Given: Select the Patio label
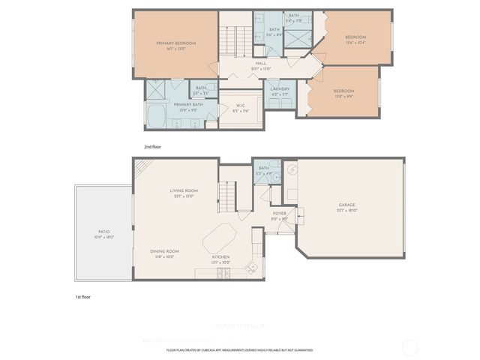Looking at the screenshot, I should (104, 233).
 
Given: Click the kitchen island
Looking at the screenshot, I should (224, 238).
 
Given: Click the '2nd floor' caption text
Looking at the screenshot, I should (153, 148).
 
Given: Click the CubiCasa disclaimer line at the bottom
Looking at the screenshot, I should (240, 349).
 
